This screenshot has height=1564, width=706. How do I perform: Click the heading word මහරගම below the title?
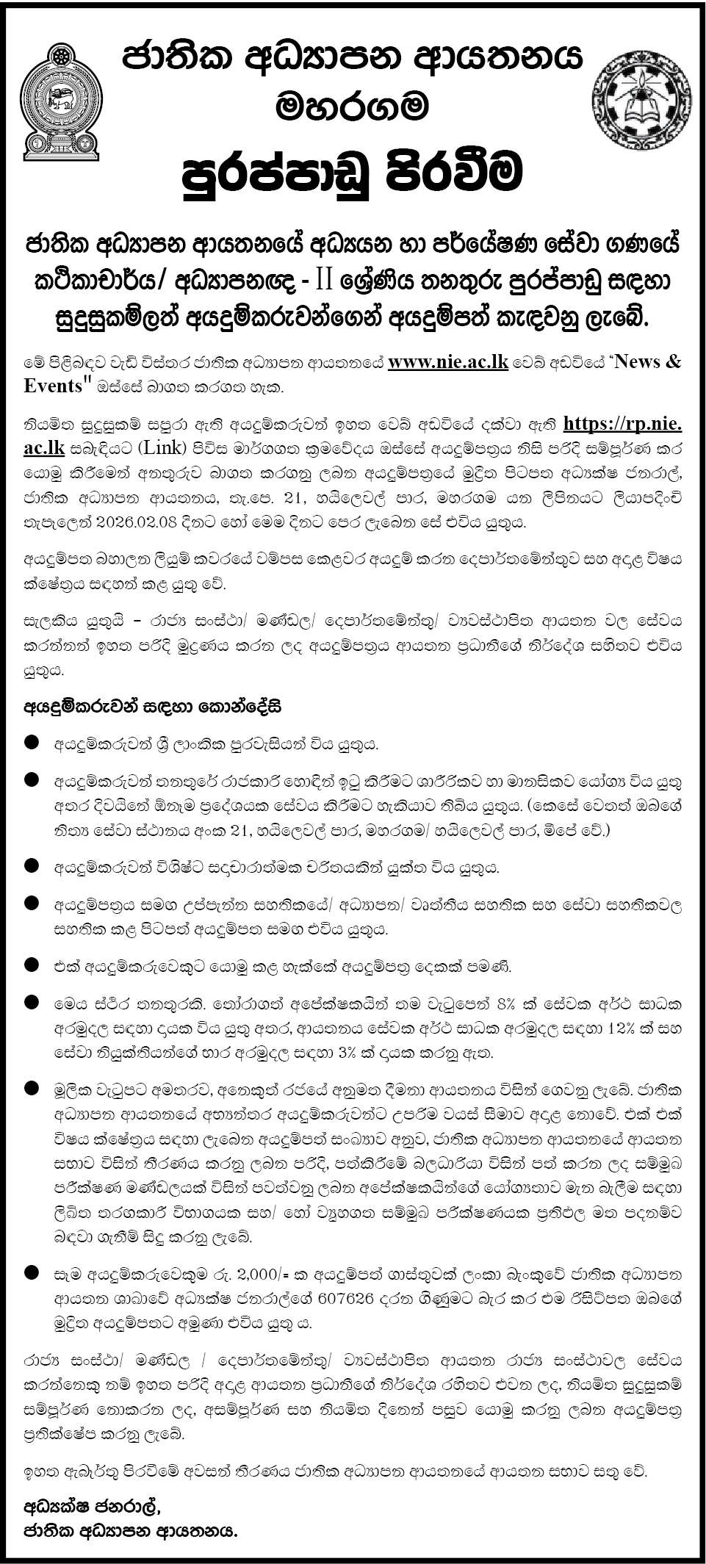352,107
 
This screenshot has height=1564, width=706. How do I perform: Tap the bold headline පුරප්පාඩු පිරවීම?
353,171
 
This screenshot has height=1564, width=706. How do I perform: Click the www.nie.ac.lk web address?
448,362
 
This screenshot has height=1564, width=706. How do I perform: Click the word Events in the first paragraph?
51,386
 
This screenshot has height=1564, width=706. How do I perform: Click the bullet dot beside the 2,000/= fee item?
31,1272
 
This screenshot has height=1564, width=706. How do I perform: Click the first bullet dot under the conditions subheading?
31,743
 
